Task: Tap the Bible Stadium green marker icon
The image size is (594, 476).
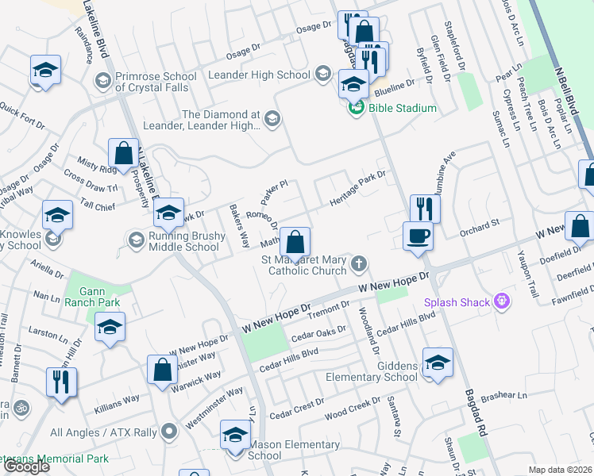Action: click(357, 108)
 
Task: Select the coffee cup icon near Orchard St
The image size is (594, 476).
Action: click(418, 236)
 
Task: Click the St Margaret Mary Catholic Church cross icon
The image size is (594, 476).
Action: click(359, 263)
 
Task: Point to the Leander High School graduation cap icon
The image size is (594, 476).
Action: click(322, 75)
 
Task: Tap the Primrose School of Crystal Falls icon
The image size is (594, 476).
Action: click(102, 81)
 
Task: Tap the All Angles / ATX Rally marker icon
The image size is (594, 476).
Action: click(168, 432)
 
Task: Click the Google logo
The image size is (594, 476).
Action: click(27, 466)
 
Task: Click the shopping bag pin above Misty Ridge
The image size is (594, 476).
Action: click(123, 153)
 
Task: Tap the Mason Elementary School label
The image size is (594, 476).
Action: click(276, 450)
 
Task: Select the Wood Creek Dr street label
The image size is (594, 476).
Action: click(354, 409)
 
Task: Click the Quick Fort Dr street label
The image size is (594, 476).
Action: click(22, 113)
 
